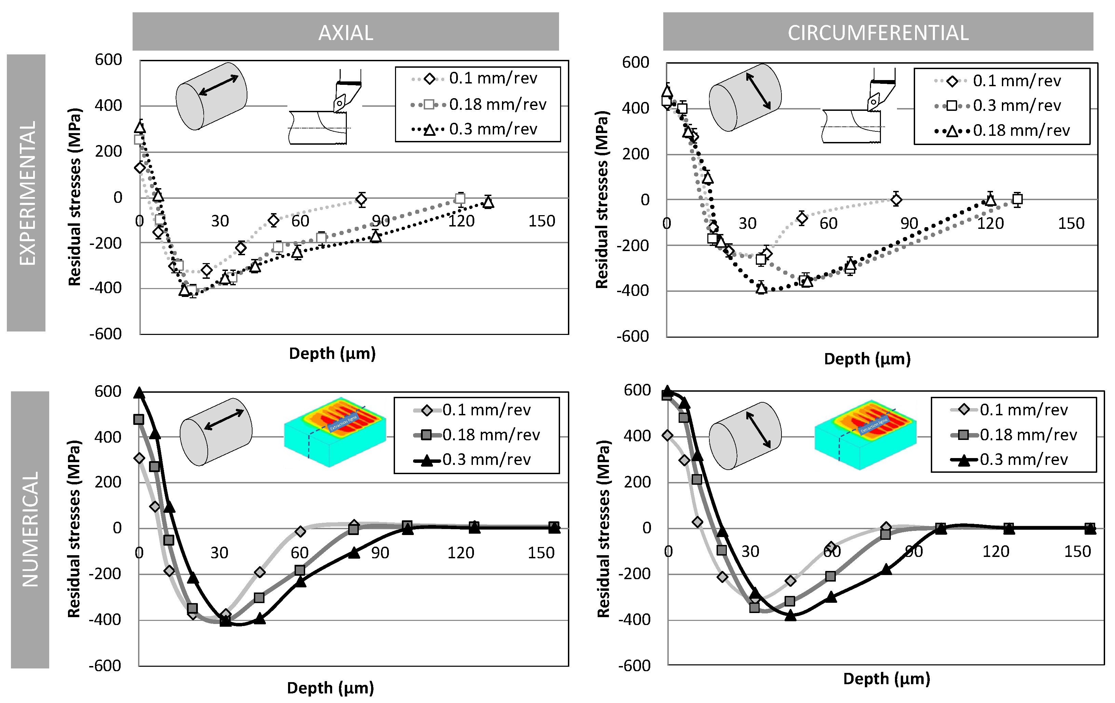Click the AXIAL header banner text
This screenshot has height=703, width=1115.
[x=345, y=33]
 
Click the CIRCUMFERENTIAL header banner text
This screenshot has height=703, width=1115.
[x=878, y=33]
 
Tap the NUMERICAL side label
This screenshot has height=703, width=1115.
[x=30, y=529]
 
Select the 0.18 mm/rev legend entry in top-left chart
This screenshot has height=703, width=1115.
[x=497, y=105]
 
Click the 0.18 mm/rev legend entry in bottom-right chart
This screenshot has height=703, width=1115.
[x=1028, y=435]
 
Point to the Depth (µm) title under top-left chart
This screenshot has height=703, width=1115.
[x=332, y=354]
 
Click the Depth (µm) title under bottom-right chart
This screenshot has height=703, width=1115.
[x=886, y=679]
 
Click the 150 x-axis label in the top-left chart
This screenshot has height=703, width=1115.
[x=541, y=221]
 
